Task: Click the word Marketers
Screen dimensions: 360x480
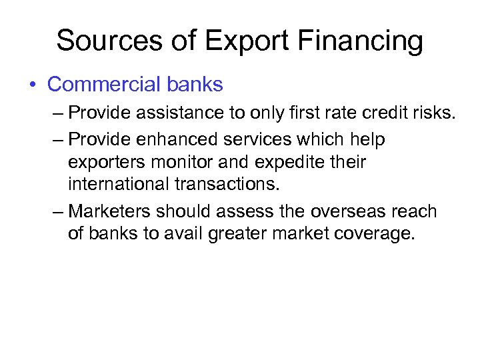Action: pos(109,212)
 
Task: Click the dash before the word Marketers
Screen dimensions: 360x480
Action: pos(58,213)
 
